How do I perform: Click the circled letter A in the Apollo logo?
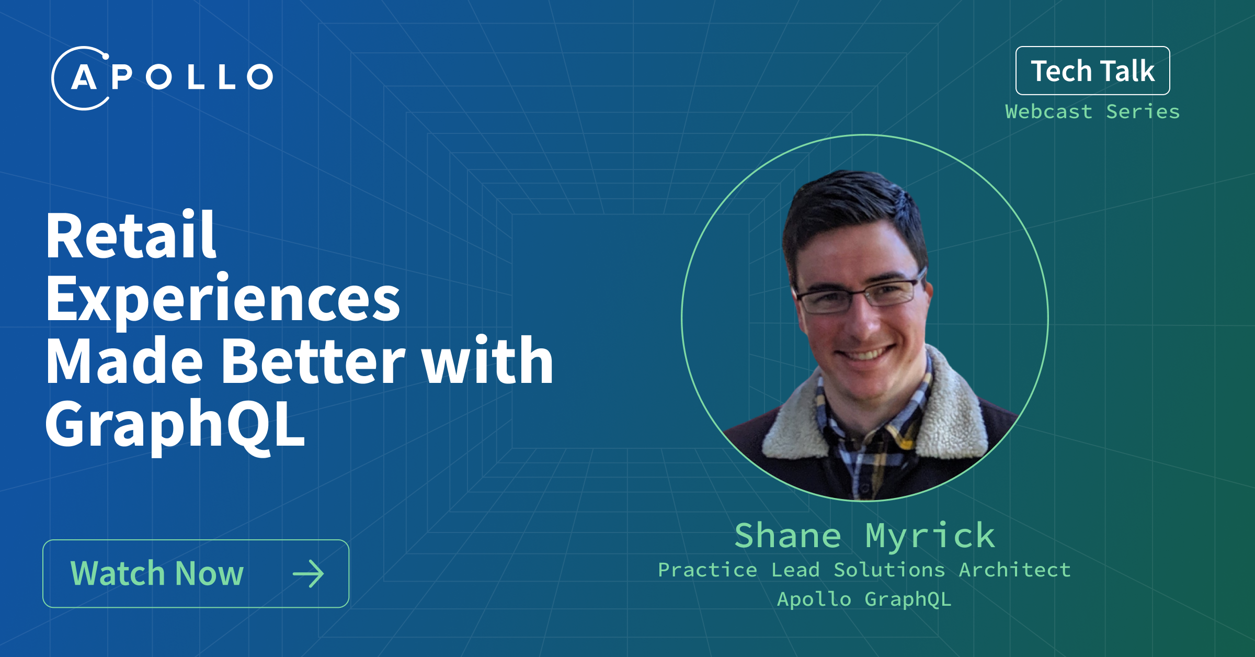(x=84, y=78)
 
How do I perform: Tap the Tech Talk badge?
(x=1092, y=71)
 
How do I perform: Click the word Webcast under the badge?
(x=1048, y=111)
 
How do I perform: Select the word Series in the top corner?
(x=1143, y=111)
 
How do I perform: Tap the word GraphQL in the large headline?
(x=175, y=425)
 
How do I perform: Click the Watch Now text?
(x=157, y=573)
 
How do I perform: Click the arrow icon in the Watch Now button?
(x=309, y=574)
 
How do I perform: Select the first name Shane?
(x=788, y=536)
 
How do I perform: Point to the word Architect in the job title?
(x=1015, y=570)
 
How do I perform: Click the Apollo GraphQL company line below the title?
(x=864, y=599)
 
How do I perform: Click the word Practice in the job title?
(x=708, y=570)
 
